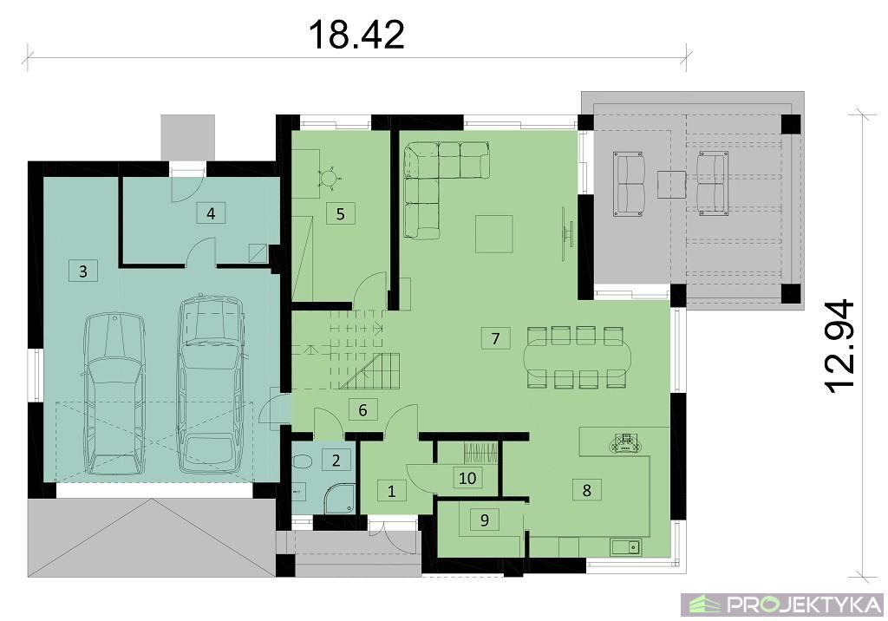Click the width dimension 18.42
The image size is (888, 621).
point(356,35)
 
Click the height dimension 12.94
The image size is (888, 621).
point(839,345)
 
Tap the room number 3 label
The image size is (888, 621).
point(83,271)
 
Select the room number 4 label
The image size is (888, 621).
point(211,213)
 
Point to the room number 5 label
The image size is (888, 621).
point(340,213)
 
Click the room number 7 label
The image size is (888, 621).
point(495,338)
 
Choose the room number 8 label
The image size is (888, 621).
point(587,489)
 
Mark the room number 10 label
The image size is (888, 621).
point(467,478)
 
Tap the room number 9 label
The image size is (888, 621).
point(485,519)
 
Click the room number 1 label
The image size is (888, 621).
point(391,491)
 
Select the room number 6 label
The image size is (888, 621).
point(363,409)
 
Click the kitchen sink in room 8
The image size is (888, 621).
point(625,546)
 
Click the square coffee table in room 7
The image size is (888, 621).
point(493,233)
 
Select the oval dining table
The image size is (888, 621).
point(576,357)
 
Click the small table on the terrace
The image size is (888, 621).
point(672,185)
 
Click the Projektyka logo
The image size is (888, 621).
point(783,605)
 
